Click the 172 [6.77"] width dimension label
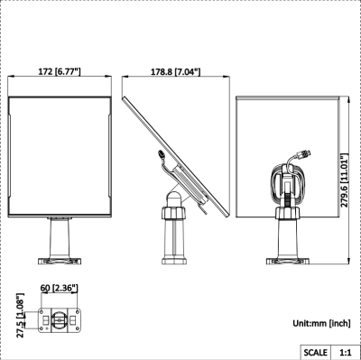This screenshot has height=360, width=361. (60, 71)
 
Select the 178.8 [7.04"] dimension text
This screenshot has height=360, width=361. (175, 72)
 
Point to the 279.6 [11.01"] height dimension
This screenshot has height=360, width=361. (345, 180)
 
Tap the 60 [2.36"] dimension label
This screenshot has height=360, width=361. (60, 288)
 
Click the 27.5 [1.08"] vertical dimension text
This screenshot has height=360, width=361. (20, 316)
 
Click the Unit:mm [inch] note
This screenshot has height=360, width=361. (321, 323)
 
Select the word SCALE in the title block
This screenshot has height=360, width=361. (315, 352)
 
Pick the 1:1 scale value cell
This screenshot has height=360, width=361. (346, 352)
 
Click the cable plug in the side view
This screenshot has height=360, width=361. (162, 154)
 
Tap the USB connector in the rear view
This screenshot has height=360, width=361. (303, 154)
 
